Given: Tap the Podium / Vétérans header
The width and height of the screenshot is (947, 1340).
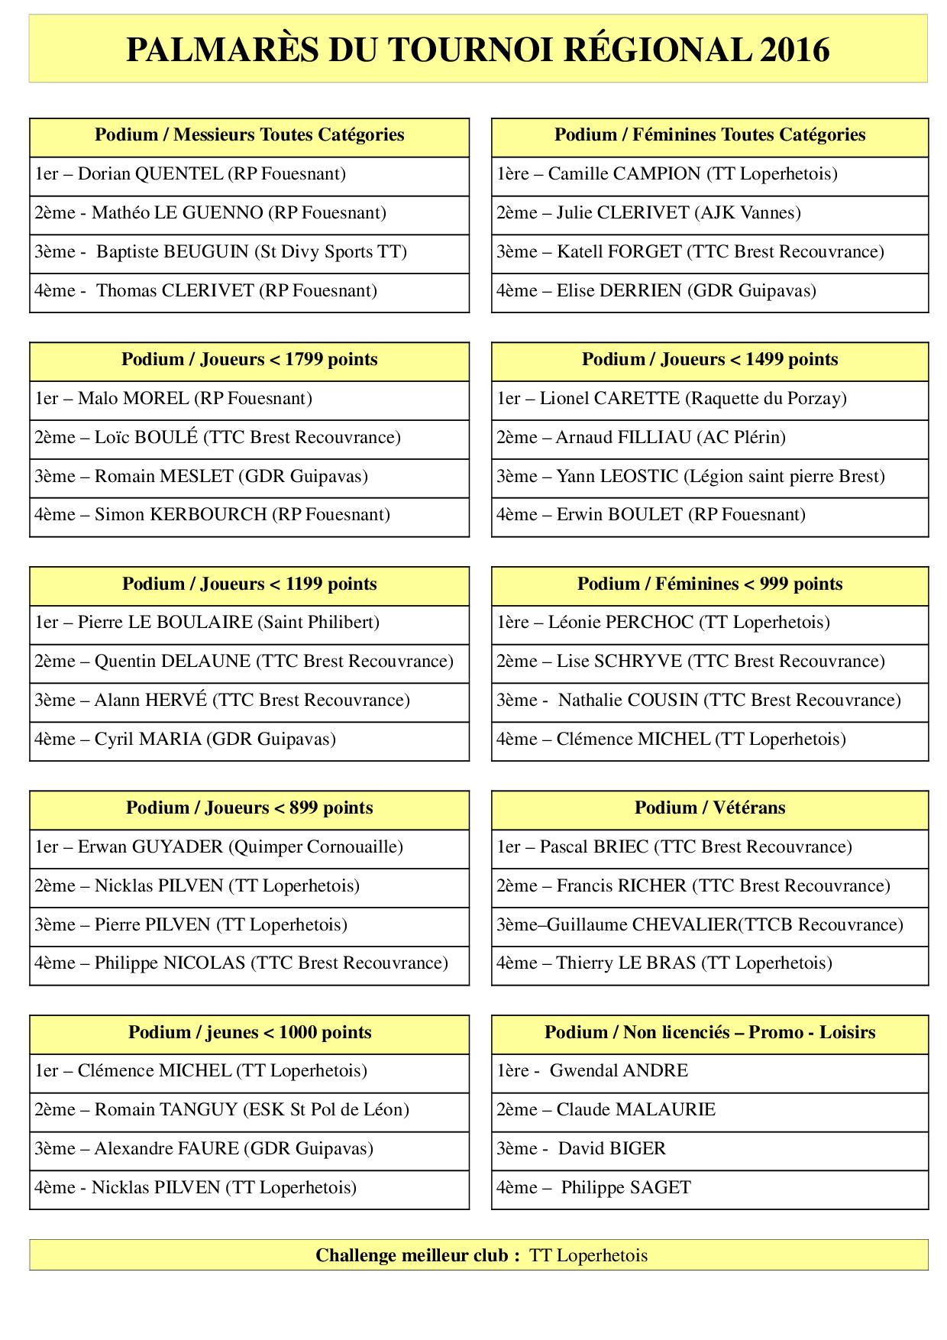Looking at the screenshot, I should (x=709, y=808).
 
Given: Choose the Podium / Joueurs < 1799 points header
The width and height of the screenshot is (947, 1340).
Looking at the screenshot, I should (x=249, y=360).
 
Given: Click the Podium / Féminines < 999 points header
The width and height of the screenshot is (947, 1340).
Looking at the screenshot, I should (x=709, y=584).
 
